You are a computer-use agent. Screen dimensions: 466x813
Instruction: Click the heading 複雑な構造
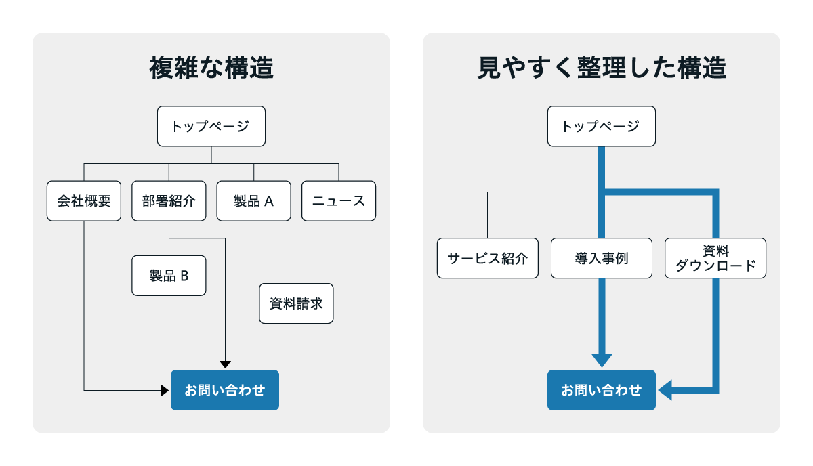coord(211,68)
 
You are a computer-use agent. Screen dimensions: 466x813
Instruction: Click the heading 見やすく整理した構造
coord(601,68)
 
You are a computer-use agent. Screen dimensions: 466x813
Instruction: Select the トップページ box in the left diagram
coord(211,126)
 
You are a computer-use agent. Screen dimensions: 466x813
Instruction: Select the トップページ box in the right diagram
coord(601,126)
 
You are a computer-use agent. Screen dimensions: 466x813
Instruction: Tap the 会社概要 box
coord(84,200)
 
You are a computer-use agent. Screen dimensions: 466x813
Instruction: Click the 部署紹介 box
coord(169,200)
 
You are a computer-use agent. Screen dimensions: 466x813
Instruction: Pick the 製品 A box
coord(253,200)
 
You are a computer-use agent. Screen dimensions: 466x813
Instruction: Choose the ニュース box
coord(338,200)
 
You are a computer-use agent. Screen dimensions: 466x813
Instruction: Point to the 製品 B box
coord(169,276)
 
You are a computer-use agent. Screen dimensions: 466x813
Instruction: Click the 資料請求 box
coord(296,303)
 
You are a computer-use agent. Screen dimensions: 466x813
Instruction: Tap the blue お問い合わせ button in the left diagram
coord(224,390)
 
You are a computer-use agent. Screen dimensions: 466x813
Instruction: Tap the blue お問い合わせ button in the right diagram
coord(601,390)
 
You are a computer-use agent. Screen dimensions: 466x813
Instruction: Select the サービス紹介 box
coord(487,258)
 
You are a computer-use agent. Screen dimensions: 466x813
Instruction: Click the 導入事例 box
coord(601,258)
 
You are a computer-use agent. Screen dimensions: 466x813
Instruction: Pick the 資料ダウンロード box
coord(715,258)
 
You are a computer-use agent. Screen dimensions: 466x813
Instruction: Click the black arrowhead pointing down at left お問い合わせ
coord(225,364)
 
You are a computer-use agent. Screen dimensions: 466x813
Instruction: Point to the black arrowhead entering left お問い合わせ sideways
coord(165,390)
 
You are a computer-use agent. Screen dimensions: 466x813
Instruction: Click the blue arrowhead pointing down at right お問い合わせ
coord(601,360)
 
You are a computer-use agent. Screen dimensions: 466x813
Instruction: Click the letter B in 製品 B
coord(184,276)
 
